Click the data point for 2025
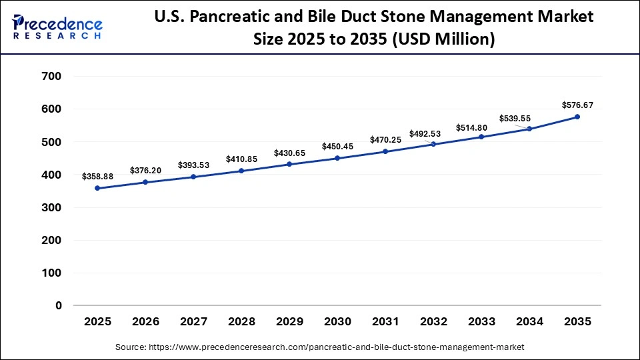97,188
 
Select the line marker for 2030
337,158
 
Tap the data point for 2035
577,117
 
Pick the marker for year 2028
241,171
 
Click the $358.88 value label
97,177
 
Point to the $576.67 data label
577,105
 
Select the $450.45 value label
337,147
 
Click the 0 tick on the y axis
59,306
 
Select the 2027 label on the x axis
193,322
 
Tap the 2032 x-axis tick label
433,322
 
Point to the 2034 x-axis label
529,322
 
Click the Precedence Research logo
57,27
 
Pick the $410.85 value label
241,159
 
